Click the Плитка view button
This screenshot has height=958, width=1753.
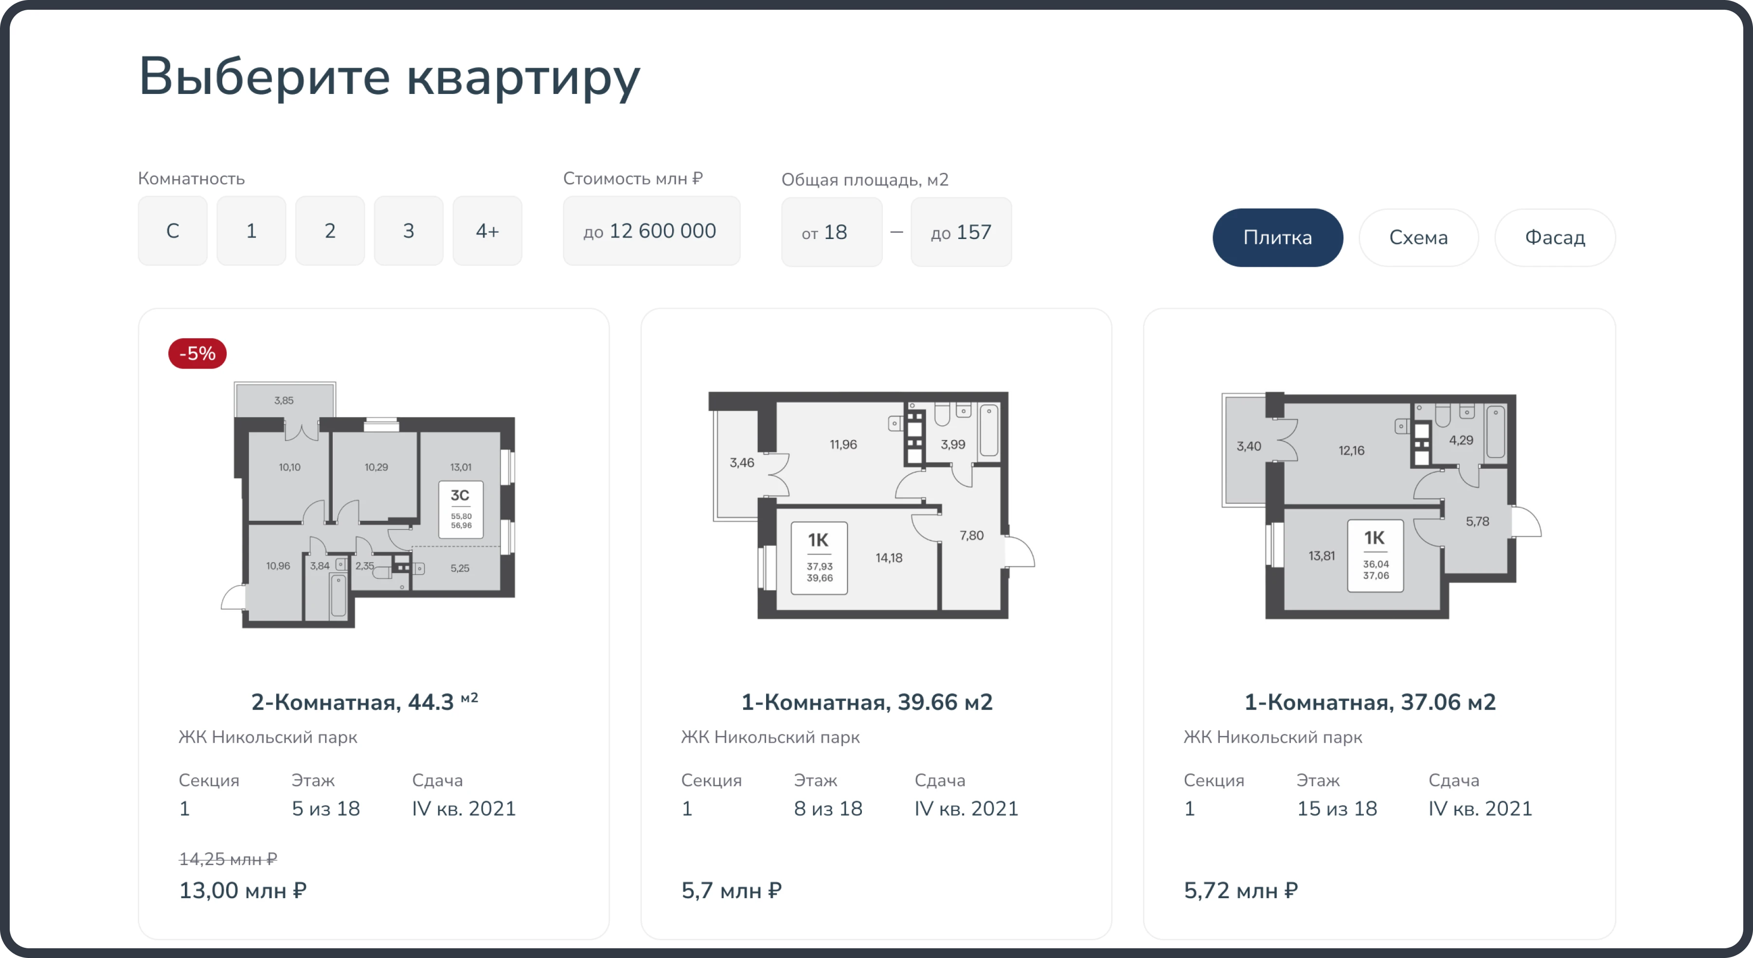pyautogui.click(x=1277, y=238)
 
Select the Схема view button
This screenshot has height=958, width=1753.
pyautogui.click(x=1418, y=238)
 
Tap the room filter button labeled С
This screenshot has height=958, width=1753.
pyautogui.click(x=172, y=231)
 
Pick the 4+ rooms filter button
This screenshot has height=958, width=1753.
pyautogui.click(x=487, y=231)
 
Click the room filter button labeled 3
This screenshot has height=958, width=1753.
pyautogui.click(x=408, y=231)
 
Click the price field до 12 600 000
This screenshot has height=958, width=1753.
pyautogui.click(x=651, y=231)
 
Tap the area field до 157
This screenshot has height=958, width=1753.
pyautogui.click(x=961, y=232)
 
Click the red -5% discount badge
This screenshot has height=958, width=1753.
pyautogui.click(x=197, y=353)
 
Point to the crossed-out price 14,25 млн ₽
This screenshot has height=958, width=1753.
pyautogui.click(x=228, y=859)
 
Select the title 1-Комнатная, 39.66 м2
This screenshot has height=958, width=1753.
pyautogui.click(x=866, y=702)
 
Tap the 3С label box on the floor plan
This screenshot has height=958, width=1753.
pyautogui.click(x=461, y=509)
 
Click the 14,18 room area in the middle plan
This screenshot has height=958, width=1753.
pyautogui.click(x=889, y=558)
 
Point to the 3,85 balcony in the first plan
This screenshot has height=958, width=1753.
pyautogui.click(x=284, y=400)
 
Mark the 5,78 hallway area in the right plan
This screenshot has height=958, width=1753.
pyautogui.click(x=1477, y=521)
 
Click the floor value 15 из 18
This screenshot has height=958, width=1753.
pyautogui.click(x=1337, y=809)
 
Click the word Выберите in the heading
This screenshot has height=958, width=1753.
pyautogui.click(x=264, y=76)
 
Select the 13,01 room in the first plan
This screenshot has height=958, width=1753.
pyautogui.click(x=461, y=467)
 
